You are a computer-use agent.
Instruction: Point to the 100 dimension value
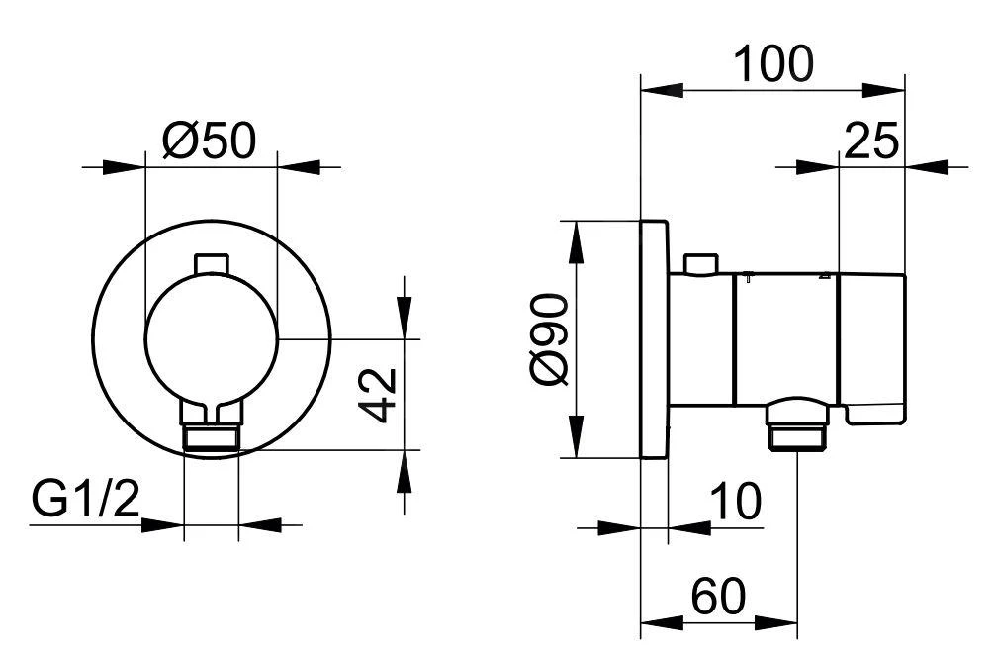click(x=772, y=64)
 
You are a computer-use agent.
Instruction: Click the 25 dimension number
click(x=871, y=142)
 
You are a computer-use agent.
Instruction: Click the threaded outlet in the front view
click(x=212, y=439)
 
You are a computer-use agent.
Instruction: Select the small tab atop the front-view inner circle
click(x=213, y=263)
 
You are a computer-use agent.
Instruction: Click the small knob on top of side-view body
click(x=700, y=263)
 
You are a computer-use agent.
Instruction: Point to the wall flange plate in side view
click(x=654, y=339)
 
